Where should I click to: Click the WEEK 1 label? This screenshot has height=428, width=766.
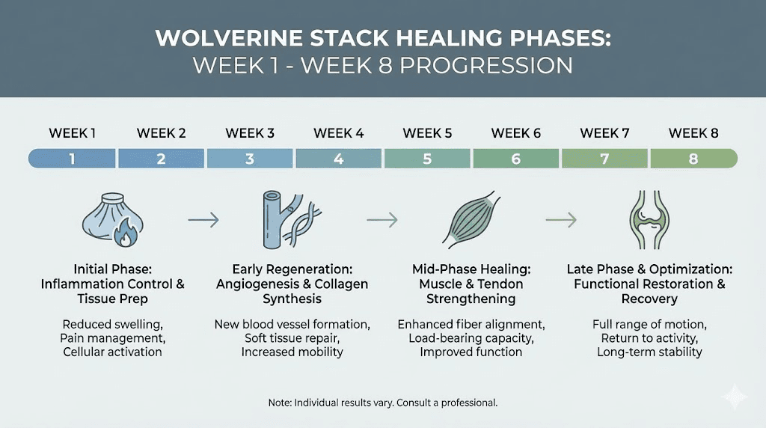pos(73,133)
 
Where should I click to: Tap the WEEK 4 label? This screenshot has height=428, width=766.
pos(338,133)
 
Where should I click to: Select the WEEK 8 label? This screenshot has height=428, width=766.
pos(693,133)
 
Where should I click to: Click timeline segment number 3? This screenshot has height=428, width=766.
pos(250,159)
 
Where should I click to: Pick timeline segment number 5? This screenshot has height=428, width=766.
pos(427,159)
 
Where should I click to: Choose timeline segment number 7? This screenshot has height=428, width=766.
pos(604,159)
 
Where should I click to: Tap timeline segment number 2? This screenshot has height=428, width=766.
pos(161,159)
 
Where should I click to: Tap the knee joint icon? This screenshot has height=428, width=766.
pos(647,219)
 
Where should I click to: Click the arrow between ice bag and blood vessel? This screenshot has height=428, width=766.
pos(203,220)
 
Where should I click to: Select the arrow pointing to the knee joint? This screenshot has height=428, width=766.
pos(560,220)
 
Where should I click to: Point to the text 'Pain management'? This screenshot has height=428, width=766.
pos(112,338)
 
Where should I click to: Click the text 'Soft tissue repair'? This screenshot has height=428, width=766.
pos(291,338)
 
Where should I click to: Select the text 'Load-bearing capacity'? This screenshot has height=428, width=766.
pos(471,338)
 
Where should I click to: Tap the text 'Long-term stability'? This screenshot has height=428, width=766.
pos(649,352)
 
